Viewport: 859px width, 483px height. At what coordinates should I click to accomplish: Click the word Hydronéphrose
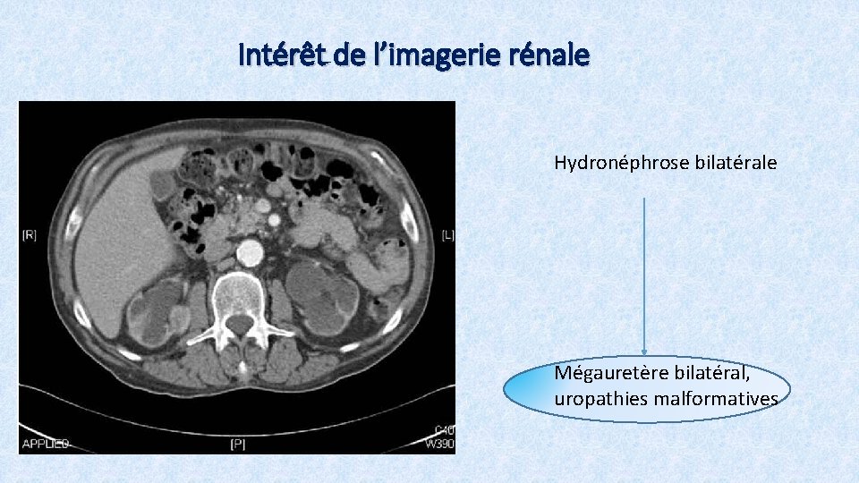point(621,163)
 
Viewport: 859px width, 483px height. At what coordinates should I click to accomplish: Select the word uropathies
point(594,398)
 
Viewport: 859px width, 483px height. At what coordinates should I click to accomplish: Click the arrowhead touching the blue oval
point(644,353)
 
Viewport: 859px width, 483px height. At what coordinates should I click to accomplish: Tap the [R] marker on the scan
point(30,235)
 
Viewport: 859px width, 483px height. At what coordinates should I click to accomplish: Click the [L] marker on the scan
point(447,235)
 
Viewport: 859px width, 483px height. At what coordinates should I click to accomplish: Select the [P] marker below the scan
point(238,443)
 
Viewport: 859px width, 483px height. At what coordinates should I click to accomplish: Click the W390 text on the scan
point(440,443)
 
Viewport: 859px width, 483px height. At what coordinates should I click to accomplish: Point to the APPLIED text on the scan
point(39,443)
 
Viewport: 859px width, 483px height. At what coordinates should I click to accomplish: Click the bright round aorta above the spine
point(250,253)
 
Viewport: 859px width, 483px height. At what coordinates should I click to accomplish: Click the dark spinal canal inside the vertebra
point(239,323)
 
